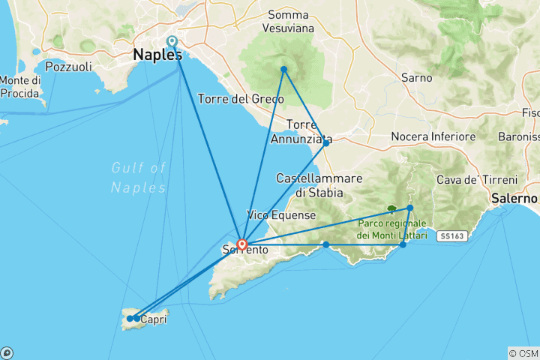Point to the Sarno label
pyautogui.click(x=416, y=77)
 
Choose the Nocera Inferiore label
pyautogui.click(x=433, y=136)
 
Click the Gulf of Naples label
pyautogui.click(x=138, y=177)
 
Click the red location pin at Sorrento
pyautogui.click(x=242, y=244)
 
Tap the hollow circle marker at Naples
pyautogui.click(x=172, y=41)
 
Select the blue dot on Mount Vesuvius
pyautogui.click(x=283, y=70)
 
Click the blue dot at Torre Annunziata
pyautogui.click(x=325, y=142)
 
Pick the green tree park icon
pyautogui.click(x=390, y=210)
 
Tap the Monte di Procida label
pyautogui.click(x=20, y=86)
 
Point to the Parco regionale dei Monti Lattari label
pyautogui.click(x=391, y=229)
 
